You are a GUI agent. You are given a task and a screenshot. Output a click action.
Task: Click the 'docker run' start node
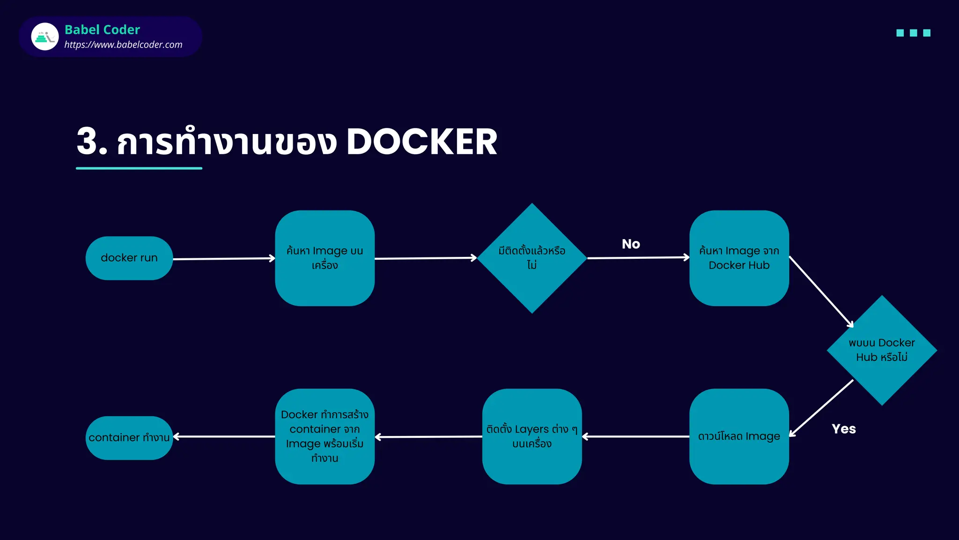coord(129,258)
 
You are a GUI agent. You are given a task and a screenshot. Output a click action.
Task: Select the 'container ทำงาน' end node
coord(129,438)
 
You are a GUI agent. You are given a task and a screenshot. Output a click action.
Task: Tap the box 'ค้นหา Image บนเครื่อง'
coord(325,258)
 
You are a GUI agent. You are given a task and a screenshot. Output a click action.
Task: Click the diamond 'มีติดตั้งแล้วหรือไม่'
coord(532,258)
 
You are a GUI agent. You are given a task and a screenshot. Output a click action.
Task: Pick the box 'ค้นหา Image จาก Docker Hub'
coord(739,258)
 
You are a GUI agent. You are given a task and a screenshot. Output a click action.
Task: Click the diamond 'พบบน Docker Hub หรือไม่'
coord(882,350)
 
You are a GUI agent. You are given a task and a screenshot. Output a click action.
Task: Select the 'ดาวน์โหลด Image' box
coord(739,436)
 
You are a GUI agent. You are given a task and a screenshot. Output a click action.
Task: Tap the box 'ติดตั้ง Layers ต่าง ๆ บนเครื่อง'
coord(532,436)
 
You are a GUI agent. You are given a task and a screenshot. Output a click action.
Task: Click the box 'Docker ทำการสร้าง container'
coord(325,436)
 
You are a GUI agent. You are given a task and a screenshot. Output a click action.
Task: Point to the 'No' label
coord(631,244)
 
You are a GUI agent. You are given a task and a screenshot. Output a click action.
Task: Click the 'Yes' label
coord(843,429)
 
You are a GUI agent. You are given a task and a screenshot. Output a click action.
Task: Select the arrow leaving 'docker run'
coord(224,259)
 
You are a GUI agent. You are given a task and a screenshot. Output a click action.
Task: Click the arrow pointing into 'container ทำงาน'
coord(224,436)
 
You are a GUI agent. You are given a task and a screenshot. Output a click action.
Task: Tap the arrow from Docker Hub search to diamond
coord(821,291)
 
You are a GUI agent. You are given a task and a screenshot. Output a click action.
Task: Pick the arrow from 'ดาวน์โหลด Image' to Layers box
coord(635,436)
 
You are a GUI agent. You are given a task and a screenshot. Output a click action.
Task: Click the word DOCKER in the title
coord(421,142)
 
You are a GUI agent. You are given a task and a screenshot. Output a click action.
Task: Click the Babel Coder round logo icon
coord(45,37)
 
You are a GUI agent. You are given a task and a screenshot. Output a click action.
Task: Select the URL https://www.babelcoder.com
coord(123,45)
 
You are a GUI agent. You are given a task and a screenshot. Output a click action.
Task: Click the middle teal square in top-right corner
coord(913,33)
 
